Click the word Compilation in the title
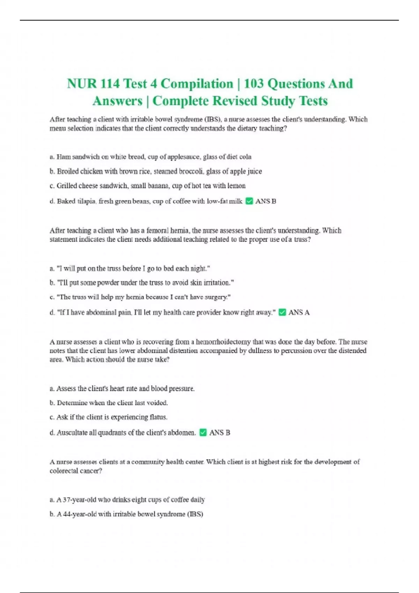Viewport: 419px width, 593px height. click(197, 84)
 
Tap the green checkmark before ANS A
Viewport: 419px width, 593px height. click(282, 312)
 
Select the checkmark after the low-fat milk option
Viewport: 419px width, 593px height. click(249, 201)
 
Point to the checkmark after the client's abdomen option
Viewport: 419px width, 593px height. click(203, 433)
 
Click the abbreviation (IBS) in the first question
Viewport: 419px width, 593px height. click(213, 119)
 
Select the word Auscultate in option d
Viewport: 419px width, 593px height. click(73, 433)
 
